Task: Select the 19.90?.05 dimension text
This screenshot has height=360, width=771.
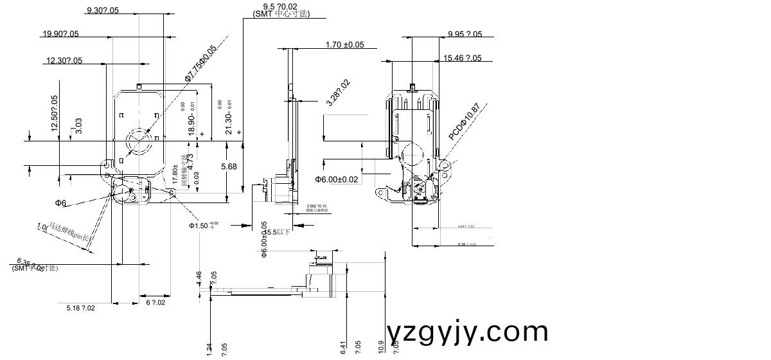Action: [x=60, y=34]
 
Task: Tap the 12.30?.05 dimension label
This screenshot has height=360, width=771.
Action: [x=64, y=60]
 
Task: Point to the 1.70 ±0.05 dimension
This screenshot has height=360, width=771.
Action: [x=344, y=44]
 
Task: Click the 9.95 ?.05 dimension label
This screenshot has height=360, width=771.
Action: [x=465, y=34]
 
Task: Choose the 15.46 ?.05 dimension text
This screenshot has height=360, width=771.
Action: [x=462, y=58]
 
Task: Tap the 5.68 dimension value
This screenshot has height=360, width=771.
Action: [x=229, y=166]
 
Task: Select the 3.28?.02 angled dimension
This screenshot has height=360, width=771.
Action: [x=338, y=93]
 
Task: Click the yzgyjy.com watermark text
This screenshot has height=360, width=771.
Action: [x=468, y=332]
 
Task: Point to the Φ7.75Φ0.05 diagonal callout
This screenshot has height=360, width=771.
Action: [x=201, y=62]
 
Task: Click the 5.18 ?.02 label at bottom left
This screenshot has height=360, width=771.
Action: [x=80, y=308]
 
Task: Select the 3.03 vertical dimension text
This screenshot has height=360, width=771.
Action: [x=78, y=125]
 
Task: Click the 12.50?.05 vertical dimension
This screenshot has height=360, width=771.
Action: [x=54, y=114]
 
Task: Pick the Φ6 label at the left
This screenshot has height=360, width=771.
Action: [x=60, y=203]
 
